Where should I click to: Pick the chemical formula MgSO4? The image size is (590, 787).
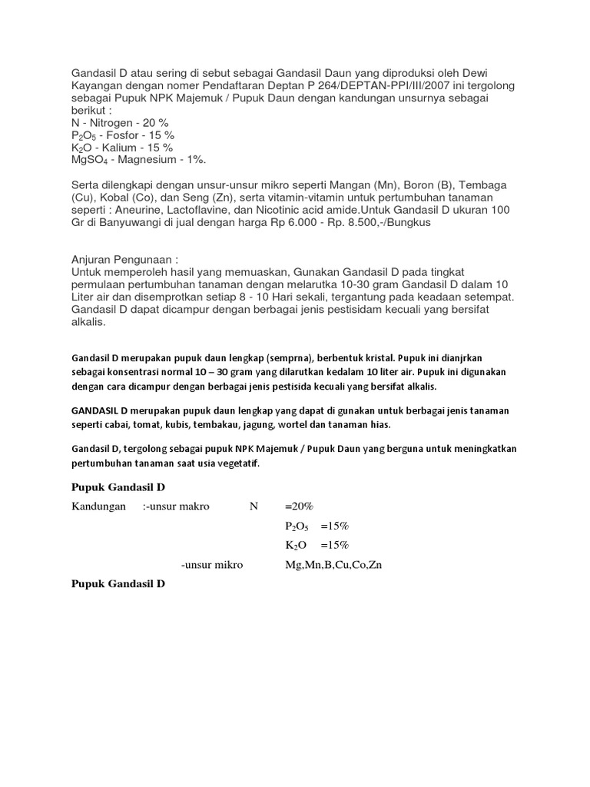coord(90,160)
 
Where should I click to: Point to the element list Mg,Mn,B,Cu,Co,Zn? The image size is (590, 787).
coord(333,565)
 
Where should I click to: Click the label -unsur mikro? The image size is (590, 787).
coord(212,565)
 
